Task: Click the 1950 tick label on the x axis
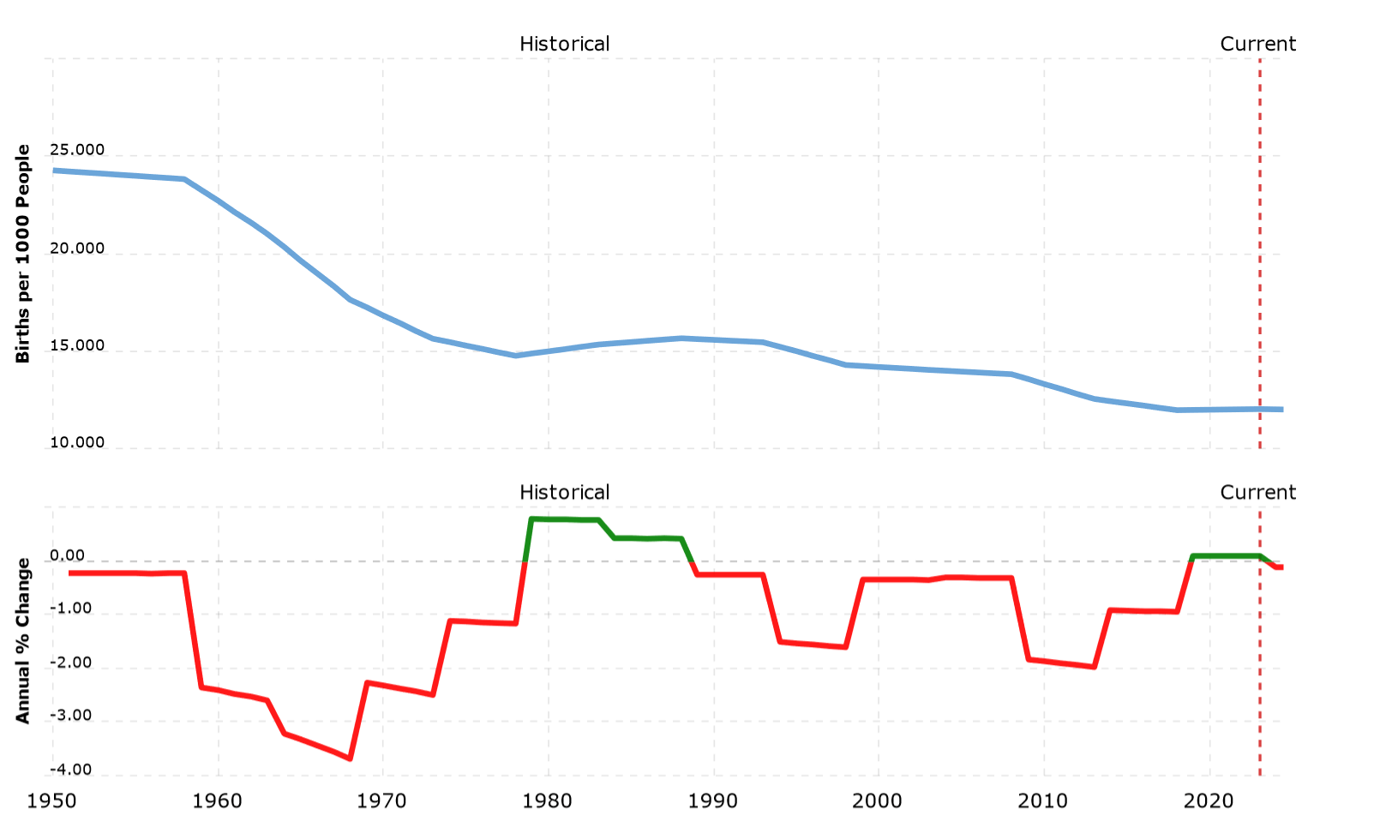(x=53, y=801)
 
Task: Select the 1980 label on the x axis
(x=549, y=801)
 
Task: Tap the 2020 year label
(x=1209, y=801)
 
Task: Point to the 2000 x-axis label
(x=879, y=801)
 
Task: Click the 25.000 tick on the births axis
(x=77, y=150)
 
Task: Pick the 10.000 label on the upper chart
(x=77, y=443)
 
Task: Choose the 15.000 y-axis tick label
(x=77, y=346)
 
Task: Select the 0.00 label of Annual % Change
(x=67, y=556)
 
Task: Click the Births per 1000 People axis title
(x=23, y=254)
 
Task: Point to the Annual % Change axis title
(x=23, y=640)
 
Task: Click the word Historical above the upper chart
(x=564, y=44)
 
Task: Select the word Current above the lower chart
(x=1257, y=493)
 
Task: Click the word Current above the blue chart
(x=1257, y=44)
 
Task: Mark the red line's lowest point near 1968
(x=351, y=758)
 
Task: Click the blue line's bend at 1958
(x=184, y=179)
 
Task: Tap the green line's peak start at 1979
(x=531, y=518)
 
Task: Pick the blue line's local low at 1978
(x=515, y=356)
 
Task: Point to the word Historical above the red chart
(x=564, y=493)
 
